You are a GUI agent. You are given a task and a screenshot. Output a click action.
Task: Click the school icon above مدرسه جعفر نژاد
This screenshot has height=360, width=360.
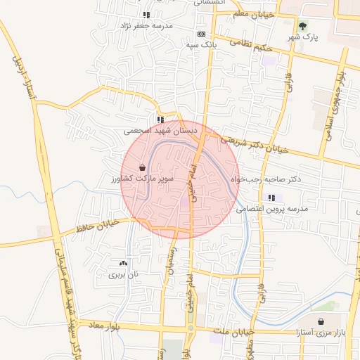(x=146, y=15)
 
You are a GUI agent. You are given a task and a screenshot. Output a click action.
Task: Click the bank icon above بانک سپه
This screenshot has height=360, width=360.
(x=202, y=34)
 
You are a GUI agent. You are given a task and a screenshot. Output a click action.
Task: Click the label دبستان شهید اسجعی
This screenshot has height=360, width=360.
(x=161, y=130)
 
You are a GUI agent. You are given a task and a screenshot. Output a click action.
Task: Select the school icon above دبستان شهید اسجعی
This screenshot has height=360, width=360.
(x=161, y=120)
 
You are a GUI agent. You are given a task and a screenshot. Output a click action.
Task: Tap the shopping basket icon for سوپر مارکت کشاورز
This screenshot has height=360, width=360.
(x=143, y=169)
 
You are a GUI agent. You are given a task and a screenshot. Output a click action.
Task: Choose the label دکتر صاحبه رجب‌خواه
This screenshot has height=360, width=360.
(x=266, y=179)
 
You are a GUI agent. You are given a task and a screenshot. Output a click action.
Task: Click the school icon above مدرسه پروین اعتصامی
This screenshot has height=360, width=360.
(x=271, y=198)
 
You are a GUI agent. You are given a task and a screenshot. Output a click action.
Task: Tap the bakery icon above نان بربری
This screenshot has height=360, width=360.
(x=124, y=263)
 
